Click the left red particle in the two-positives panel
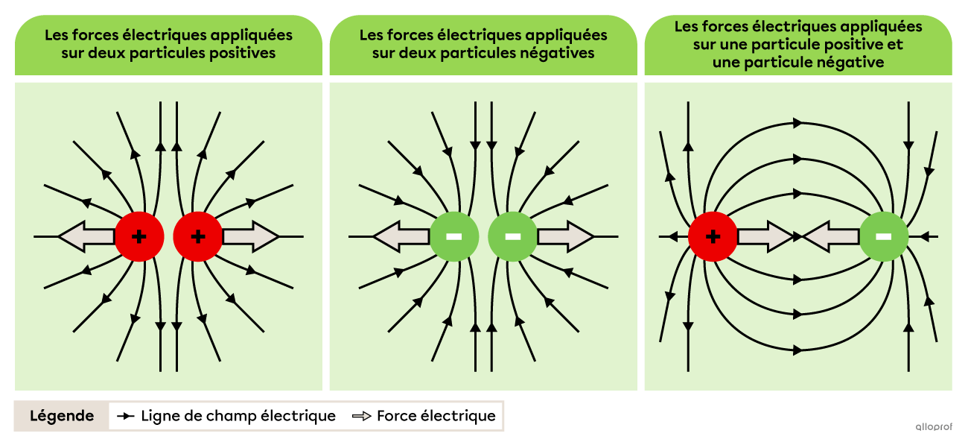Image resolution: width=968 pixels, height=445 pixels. tap(138, 237)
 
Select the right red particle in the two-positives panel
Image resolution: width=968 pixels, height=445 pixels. tap(197, 237)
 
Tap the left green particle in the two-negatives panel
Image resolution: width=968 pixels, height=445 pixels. tap(453, 237)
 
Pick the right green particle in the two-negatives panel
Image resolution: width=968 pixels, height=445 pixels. tap(512, 237)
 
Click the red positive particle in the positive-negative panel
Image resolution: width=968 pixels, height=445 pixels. tap(713, 237)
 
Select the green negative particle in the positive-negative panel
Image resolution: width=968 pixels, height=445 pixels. tap(883, 237)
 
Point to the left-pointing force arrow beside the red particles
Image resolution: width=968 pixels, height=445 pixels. tap(86, 237)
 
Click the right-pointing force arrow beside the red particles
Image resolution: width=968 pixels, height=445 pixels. tap(250, 237)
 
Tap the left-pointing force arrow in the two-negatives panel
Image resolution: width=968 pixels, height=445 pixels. tap(401, 237)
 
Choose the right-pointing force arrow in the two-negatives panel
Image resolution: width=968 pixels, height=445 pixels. tap(565, 237)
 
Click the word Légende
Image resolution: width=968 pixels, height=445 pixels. tap(62, 416)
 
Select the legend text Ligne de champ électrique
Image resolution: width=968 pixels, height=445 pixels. tap(238, 416)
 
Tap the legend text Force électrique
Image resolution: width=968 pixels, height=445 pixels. tap(436, 416)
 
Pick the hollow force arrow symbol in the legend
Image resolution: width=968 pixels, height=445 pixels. tap(362, 416)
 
